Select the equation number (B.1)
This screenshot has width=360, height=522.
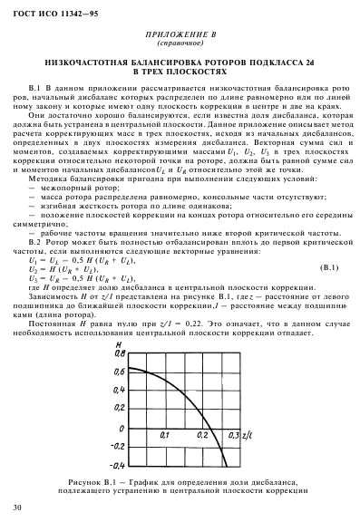[322, 269]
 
